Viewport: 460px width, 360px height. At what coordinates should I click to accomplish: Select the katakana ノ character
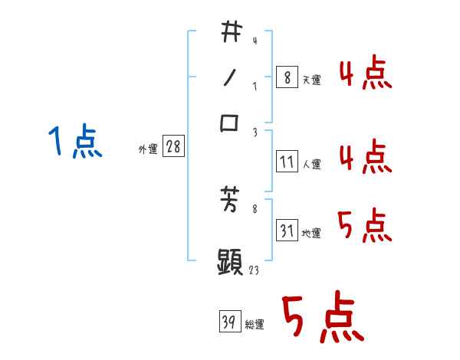click(x=229, y=77)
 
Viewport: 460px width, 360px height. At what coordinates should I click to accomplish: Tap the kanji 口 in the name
click(x=230, y=123)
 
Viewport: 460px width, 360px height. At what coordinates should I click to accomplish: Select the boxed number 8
click(x=287, y=77)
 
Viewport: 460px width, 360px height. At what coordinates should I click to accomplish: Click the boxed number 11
click(x=287, y=162)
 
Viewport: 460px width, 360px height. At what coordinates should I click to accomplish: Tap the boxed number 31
click(x=287, y=231)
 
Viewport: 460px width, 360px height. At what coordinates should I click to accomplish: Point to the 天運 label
click(x=311, y=80)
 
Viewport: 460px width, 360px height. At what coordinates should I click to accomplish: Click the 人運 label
click(x=311, y=164)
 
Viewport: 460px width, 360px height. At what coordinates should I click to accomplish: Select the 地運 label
click(x=311, y=233)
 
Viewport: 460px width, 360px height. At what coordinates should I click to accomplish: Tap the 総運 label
click(x=255, y=325)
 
